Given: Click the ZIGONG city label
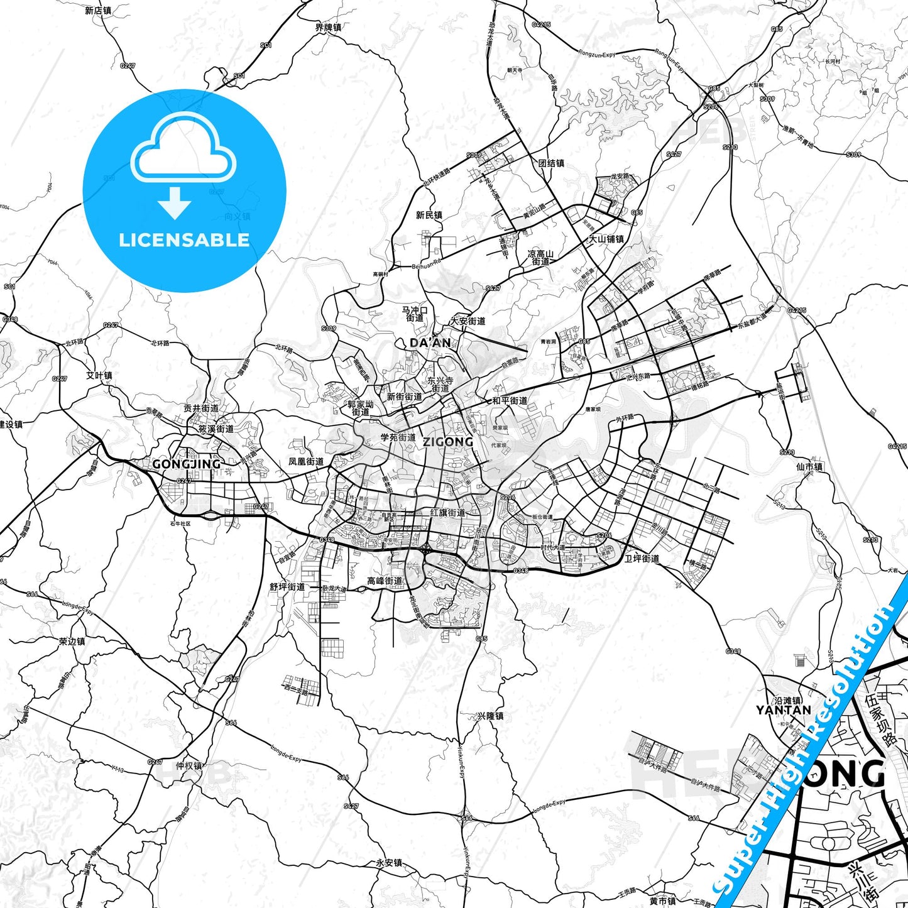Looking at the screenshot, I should (447, 442).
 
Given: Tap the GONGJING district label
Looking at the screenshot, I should (186, 464).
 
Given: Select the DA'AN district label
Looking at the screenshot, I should (430, 342).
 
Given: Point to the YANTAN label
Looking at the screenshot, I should (783, 710).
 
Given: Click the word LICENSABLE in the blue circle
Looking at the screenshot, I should (184, 240).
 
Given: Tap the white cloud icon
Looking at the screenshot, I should (183, 146).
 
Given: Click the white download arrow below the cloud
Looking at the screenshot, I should (175, 203).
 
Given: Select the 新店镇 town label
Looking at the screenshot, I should (98, 11).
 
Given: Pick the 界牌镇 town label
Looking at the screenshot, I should (328, 28).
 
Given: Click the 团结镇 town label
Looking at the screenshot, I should (551, 163).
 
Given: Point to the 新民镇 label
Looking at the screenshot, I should (429, 215).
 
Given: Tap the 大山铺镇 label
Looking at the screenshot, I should (606, 239).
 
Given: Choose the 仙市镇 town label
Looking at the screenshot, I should (809, 467).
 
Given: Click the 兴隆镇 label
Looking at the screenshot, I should (490, 716).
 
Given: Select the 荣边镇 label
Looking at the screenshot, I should (72, 642).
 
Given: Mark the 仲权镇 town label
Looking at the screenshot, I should (189, 765).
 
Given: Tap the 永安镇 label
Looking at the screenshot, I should (389, 863).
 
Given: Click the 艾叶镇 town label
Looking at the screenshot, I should (99, 376).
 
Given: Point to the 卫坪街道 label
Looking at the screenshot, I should (642, 558).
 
